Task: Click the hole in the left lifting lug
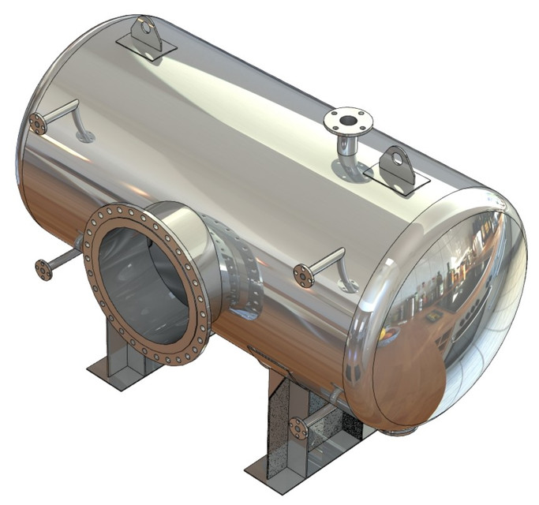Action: click(x=147, y=28)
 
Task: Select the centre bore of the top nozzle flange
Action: click(x=347, y=121)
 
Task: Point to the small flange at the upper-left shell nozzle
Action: click(x=36, y=123)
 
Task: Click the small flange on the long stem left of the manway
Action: click(x=43, y=270)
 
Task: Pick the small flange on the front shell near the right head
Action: click(x=302, y=275)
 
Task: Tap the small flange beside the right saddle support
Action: click(x=298, y=428)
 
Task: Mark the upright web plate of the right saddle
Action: click(x=280, y=426)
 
